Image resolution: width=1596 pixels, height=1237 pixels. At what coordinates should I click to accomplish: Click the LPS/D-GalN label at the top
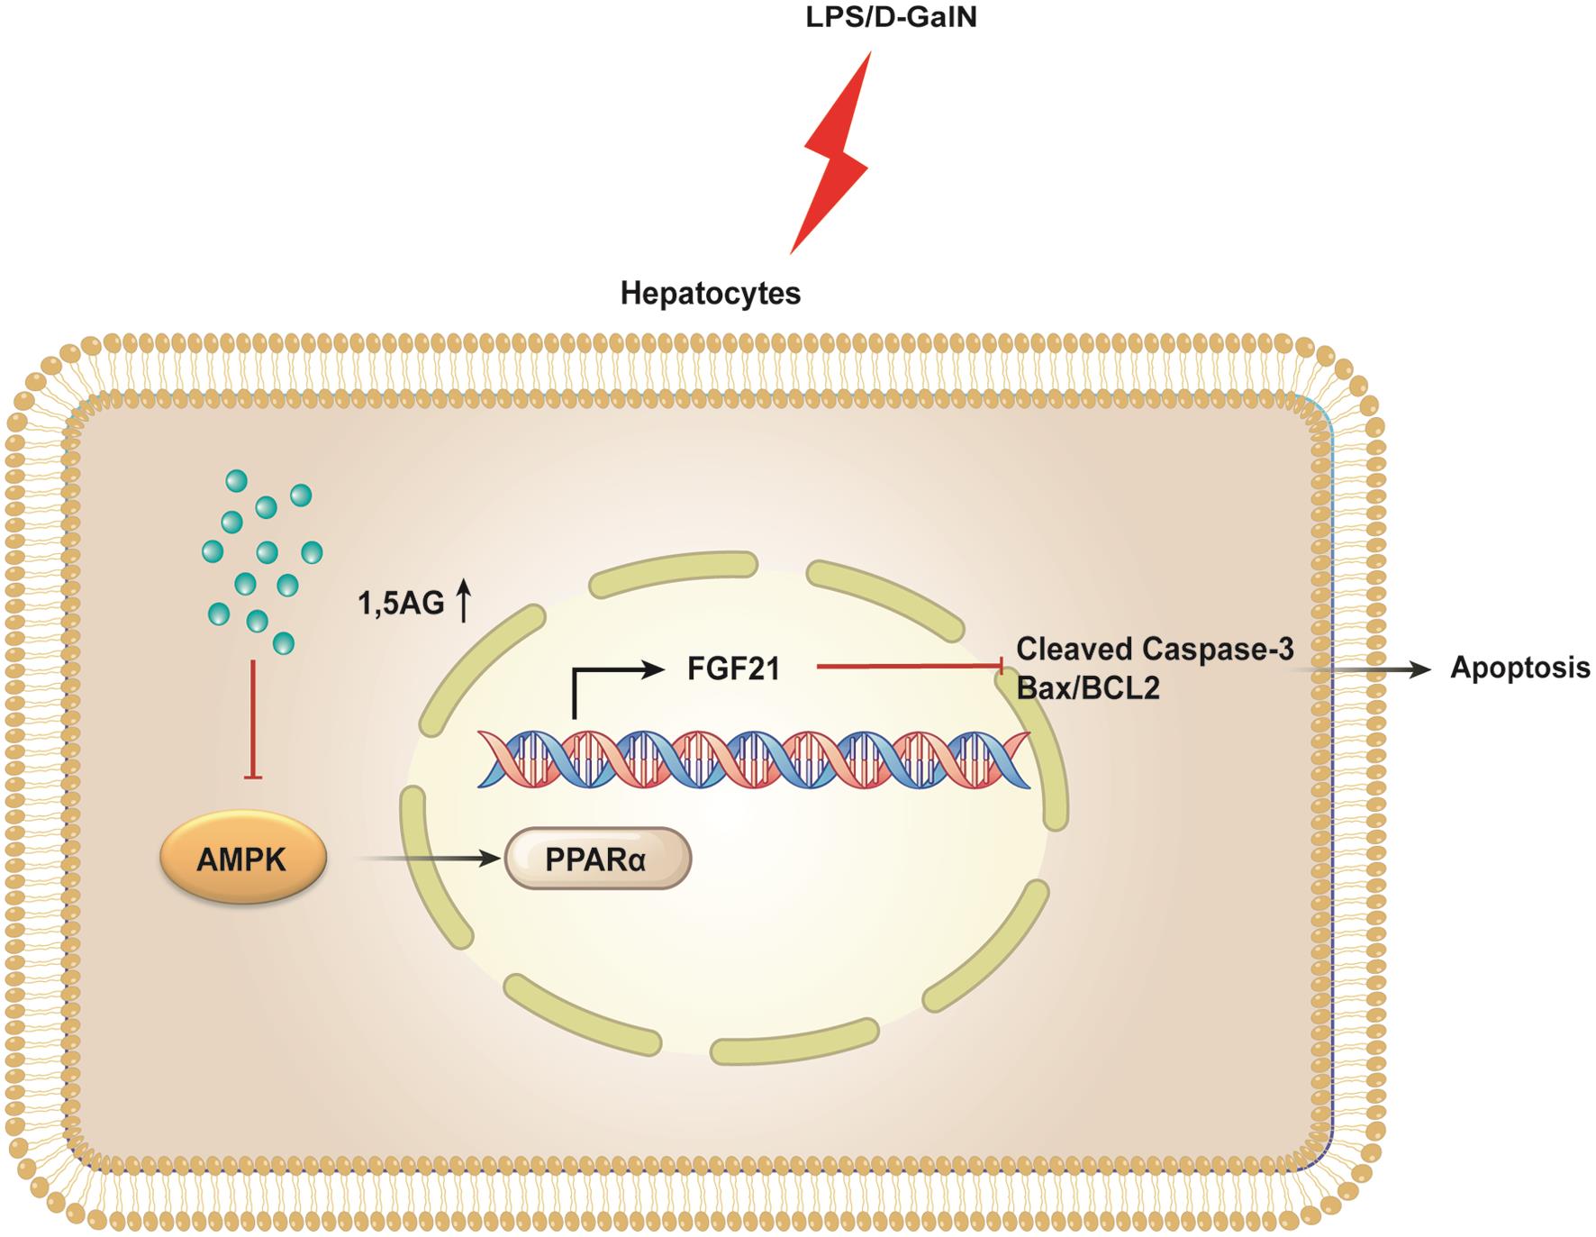890,18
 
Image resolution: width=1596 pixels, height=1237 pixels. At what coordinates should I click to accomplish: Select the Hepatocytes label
710,294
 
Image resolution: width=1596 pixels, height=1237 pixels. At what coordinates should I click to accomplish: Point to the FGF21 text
733,669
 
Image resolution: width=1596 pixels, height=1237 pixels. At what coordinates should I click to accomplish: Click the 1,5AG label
401,604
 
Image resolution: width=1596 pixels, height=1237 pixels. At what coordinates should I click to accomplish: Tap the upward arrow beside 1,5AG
464,600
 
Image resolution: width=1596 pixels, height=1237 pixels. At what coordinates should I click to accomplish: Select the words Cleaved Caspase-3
1155,648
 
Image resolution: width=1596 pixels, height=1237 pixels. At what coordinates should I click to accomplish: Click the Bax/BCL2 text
1087,688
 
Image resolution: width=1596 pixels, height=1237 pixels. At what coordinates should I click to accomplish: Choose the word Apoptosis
1519,668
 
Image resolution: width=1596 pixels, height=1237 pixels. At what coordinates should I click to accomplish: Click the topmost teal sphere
236,481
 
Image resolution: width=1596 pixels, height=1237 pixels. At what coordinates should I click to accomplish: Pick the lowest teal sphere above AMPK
283,642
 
